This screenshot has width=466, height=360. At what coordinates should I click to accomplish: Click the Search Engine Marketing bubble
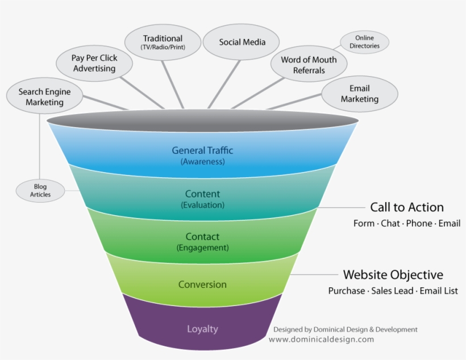(x=40, y=97)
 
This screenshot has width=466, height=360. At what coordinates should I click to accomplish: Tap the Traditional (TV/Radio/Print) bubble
(x=163, y=42)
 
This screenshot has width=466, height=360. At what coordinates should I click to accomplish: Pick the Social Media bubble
(x=242, y=42)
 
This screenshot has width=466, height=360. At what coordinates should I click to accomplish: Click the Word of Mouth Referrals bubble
(x=309, y=65)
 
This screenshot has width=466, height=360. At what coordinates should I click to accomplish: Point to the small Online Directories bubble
(x=364, y=42)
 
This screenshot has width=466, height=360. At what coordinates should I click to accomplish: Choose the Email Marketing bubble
(x=359, y=94)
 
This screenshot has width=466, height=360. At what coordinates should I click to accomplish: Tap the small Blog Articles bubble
(x=40, y=190)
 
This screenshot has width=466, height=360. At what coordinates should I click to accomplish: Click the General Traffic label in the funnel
(x=202, y=150)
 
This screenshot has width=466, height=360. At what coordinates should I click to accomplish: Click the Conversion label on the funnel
(x=202, y=284)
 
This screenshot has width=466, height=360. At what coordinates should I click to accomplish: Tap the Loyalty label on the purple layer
(x=202, y=329)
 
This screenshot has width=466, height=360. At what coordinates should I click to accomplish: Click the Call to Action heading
(x=407, y=207)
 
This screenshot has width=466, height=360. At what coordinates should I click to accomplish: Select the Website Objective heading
(x=393, y=275)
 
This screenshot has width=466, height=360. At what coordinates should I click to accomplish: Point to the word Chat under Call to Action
(x=390, y=223)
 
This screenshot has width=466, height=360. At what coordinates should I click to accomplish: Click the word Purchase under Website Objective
(x=347, y=291)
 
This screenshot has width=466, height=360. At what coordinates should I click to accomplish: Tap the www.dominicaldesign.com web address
(x=321, y=340)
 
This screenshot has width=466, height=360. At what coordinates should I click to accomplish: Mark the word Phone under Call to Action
(x=419, y=223)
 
